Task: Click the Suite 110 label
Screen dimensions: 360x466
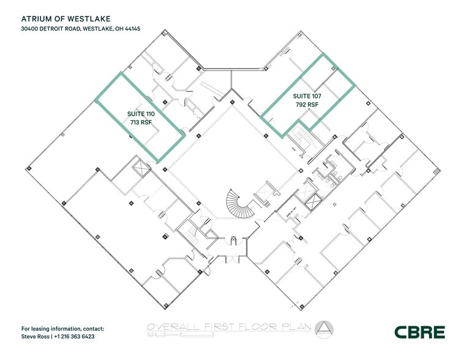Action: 141,114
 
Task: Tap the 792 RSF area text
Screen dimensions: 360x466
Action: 307,105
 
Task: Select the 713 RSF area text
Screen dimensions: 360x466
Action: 141,122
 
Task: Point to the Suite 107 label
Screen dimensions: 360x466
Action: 307,96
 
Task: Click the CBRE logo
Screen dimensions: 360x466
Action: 419,332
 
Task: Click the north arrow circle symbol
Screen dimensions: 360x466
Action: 324,329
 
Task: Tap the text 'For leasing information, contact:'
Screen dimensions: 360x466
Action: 62,329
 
